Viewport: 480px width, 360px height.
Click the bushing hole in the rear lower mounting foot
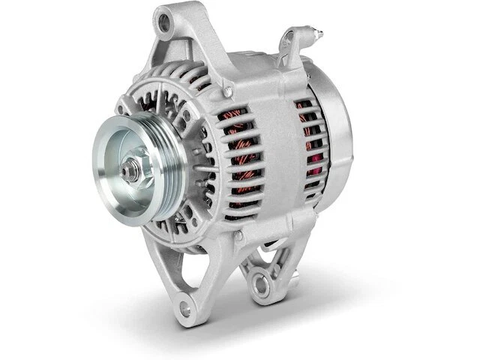[x=260, y=284]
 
